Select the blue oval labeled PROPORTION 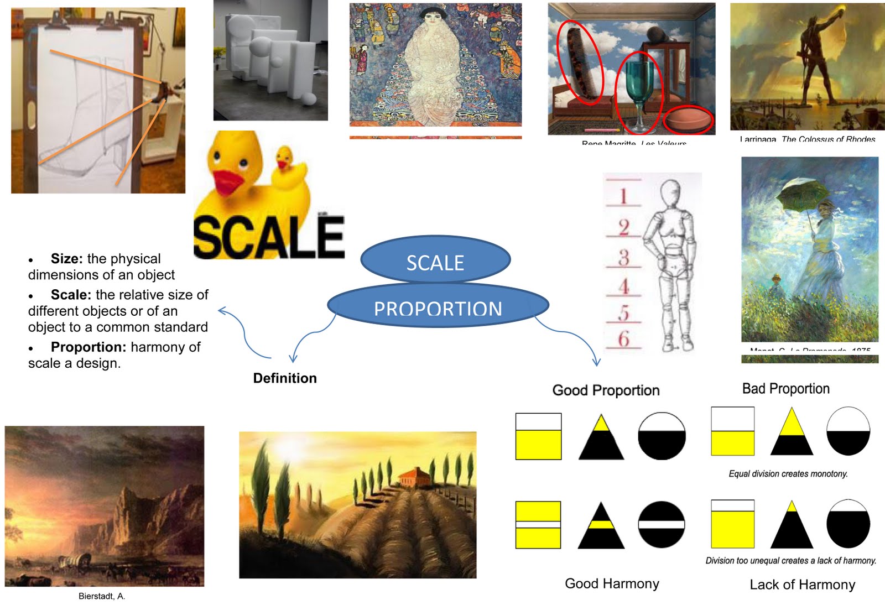pos(438,306)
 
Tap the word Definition pos(285,378)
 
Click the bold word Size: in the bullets pos(66,259)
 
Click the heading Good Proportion pos(606,390)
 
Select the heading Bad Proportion pos(785,389)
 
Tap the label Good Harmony pos(612,584)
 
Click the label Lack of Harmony pos(802,585)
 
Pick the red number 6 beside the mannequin pos(623,338)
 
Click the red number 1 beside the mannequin pos(623,196)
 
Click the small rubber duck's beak pos(284,163)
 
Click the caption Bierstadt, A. pos(102,596)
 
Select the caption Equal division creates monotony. pos(788,474)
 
